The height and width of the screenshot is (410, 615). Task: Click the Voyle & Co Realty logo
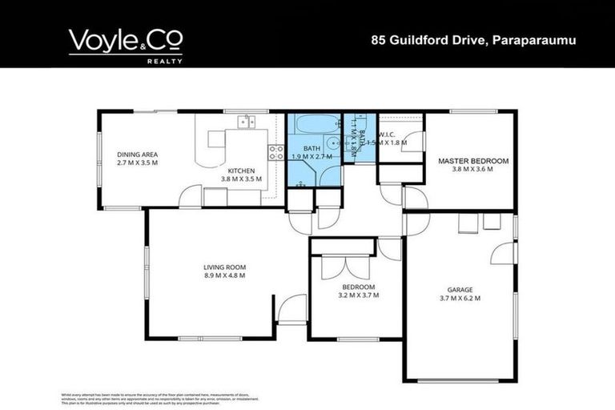[126, 45]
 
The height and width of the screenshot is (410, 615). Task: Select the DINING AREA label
[137, 155]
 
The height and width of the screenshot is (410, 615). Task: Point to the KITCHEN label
[241, 171]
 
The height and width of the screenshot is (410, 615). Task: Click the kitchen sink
[245, 122]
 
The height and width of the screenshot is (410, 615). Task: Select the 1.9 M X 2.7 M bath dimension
[312, 157]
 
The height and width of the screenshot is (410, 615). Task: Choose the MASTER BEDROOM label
[472, 161]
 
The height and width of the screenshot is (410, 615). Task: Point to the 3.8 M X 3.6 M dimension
[472, 170]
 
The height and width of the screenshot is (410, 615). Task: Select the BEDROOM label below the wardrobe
[358, 287]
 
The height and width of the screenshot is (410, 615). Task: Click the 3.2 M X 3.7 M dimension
[358, 295]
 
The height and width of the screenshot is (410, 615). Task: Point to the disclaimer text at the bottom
[160, 397]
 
